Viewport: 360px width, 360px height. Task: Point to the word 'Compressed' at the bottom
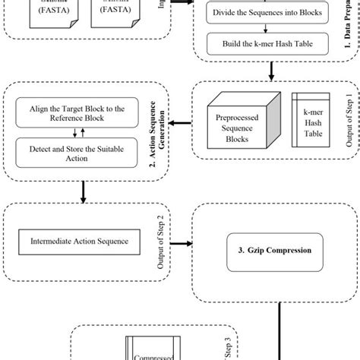152,353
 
